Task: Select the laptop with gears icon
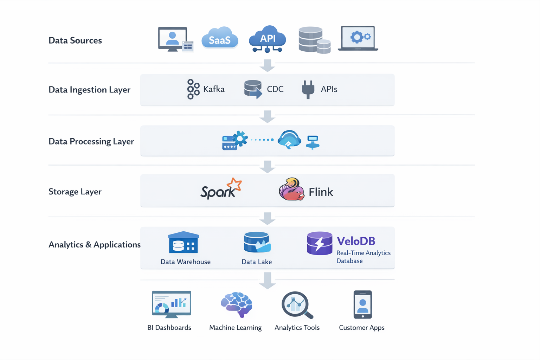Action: [x=358, y=38]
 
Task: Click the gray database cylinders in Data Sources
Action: [x=314, y=40]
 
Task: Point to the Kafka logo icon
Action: [x=193, y=89]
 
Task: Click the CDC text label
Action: [x=275, y=89]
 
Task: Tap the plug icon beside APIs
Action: [x=308, y=89]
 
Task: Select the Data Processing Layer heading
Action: [x=91, y=141]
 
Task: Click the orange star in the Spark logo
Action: [x=234, y=184]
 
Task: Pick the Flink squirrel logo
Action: [x=291, y=189]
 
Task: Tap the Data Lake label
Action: [x=257, y=262]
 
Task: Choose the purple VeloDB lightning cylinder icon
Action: [x=319, y=243]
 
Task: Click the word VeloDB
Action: [x=356, y=241]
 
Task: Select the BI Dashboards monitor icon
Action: [x=171, y=304]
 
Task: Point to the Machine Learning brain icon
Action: [x=236, y=304]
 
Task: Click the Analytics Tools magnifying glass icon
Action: [x=297, y=305]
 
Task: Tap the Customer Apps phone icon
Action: [x=362, y=304]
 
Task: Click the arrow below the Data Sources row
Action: [x=267, y=66]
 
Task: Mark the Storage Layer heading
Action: [x=75, y=192]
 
